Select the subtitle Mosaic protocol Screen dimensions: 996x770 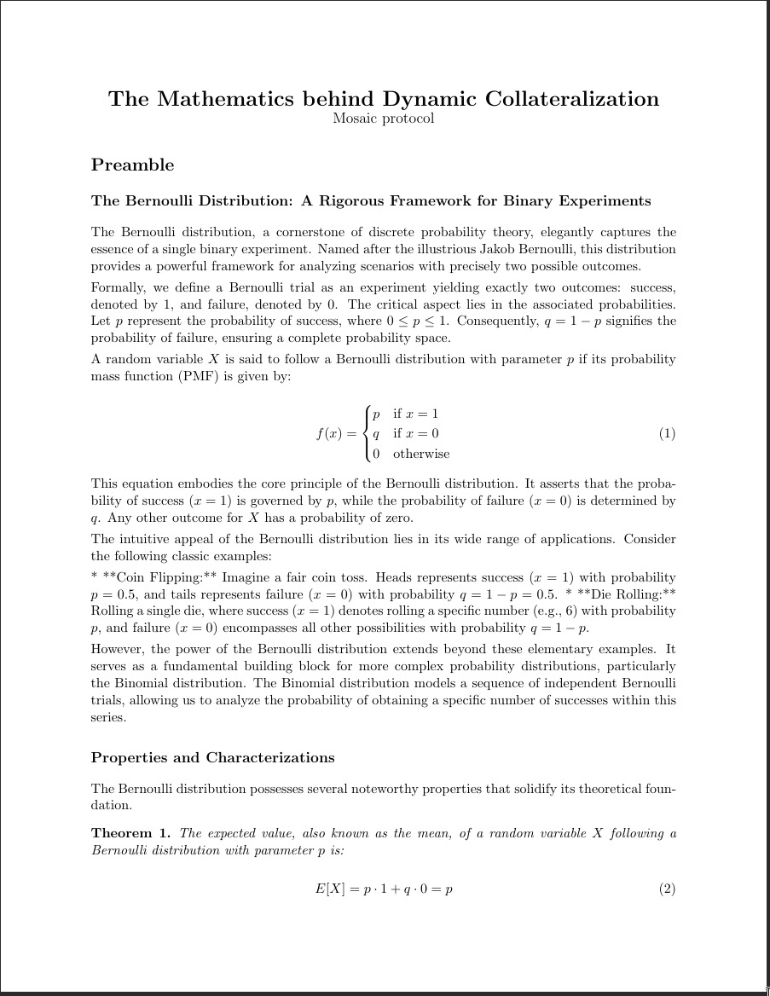[x=384, y=119]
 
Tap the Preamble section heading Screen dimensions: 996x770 [x=132, y=165]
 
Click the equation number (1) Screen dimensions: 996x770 [x=667, y=433]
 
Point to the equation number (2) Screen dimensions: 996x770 [x=667, y=889]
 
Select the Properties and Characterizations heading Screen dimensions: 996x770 [x=212, y=758]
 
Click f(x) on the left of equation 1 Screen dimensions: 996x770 [x=328, y=433]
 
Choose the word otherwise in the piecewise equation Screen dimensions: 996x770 [x=421, y=454]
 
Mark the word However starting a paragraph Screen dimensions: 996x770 [x=118, y=649]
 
